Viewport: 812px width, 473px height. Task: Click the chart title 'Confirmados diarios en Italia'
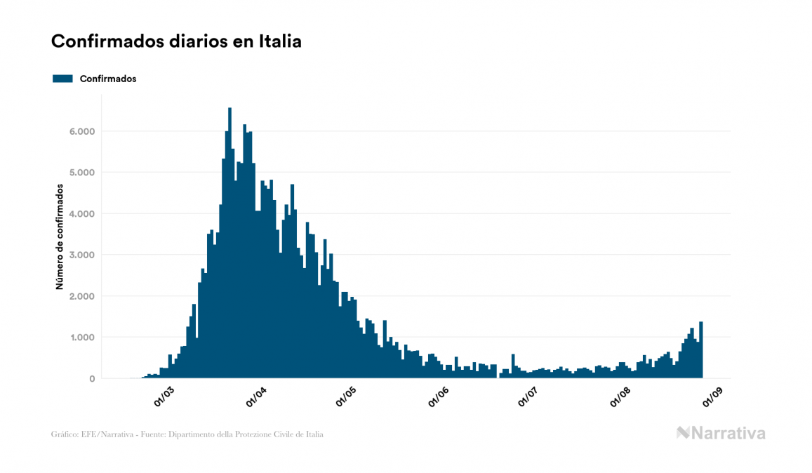click(176, 41)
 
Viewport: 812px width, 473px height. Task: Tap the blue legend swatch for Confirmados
click(62, 79)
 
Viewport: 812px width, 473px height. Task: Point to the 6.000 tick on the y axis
click(81, 131)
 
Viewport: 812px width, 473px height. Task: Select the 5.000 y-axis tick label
click(81, 173)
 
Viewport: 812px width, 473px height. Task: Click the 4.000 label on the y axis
click(81, 214)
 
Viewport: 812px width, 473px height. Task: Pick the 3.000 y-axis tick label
click(81, 255)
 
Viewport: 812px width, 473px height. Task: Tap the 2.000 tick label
click(81, 296)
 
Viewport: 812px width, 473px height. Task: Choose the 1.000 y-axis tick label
click(81, 338)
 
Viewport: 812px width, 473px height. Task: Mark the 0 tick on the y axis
click(91, 379)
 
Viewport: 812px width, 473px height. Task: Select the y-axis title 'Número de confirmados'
click(60, 237)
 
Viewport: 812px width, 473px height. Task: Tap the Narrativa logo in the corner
click(721, 433)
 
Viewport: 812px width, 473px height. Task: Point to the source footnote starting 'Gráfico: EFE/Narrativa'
click(187, 434)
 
